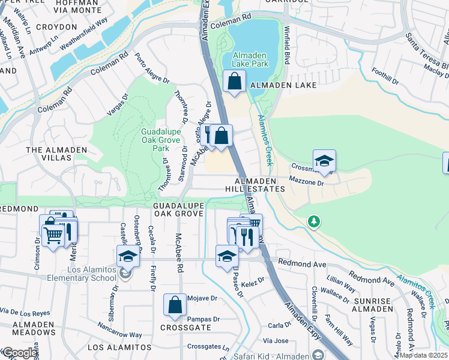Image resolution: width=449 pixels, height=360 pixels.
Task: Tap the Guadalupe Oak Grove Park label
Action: point(155,140)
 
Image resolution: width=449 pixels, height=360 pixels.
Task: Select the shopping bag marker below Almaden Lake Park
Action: point(235,82)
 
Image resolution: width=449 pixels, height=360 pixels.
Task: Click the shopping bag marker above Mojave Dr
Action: point(175,305)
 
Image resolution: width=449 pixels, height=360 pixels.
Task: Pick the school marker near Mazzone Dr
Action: point(324,161)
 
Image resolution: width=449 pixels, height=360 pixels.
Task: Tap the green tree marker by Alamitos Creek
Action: point(313,222)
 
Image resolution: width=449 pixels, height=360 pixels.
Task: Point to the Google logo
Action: point(20,353)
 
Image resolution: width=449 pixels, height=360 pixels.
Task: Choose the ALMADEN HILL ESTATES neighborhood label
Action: point(259,185)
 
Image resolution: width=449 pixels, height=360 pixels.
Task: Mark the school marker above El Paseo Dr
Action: point(227,256)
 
